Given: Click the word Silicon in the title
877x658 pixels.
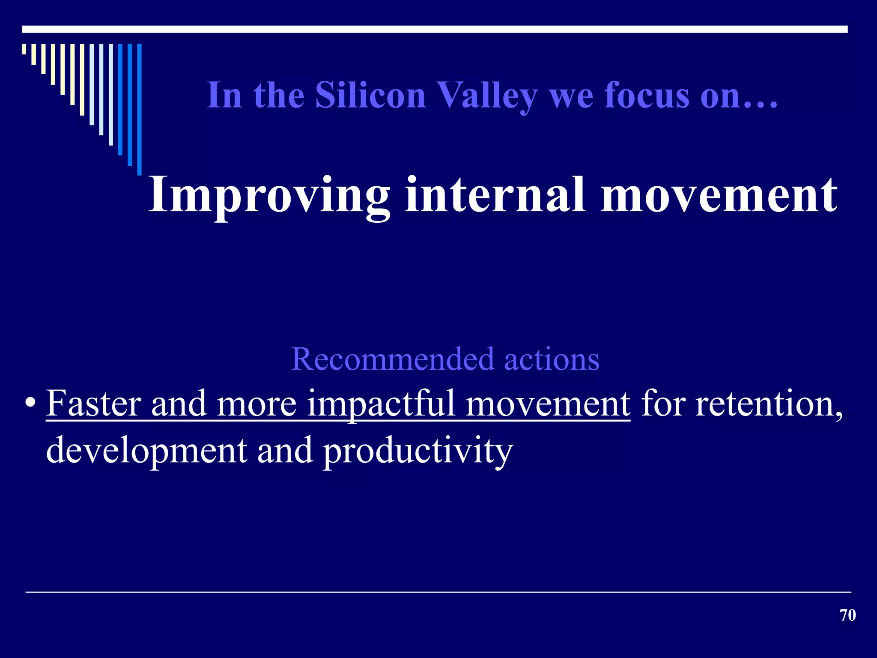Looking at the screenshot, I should pos(370,95).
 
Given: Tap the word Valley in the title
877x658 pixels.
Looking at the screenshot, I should pos(488,96).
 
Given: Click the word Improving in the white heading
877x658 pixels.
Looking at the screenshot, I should pos(269,196).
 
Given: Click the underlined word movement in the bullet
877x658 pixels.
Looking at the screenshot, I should pos(548,404).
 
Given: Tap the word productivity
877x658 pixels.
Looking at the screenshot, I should pos(418,452).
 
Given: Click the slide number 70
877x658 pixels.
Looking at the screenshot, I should pos(847,615).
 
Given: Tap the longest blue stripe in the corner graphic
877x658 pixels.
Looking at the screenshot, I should pos(139,109).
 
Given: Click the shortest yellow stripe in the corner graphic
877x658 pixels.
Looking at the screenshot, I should pos(24,49).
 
